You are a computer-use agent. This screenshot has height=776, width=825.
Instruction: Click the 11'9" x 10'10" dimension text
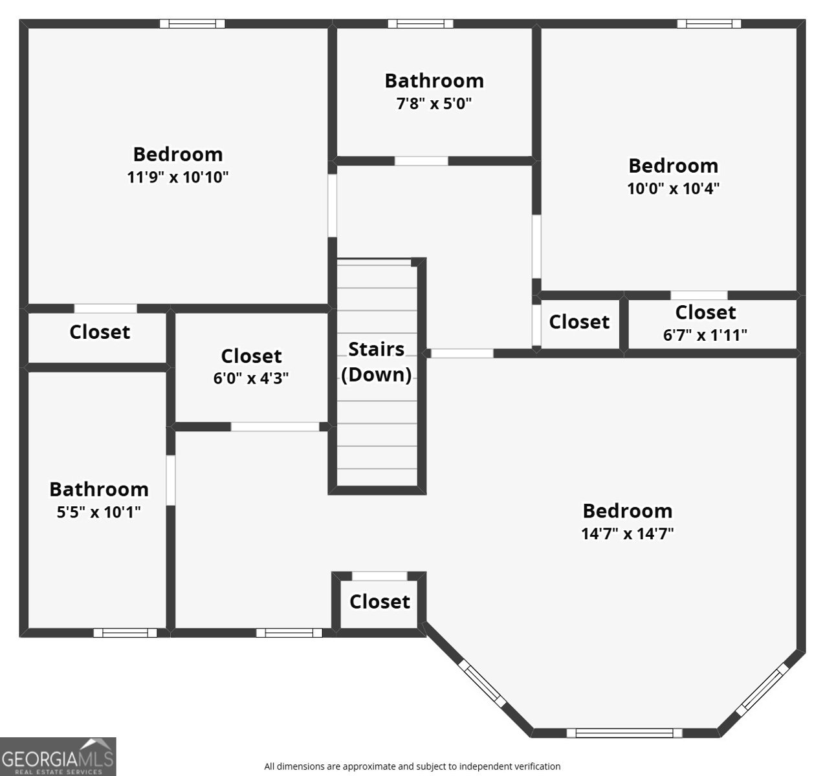[x=178, y=177]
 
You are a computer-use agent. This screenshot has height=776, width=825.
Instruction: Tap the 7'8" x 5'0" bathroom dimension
[x=434, y=103]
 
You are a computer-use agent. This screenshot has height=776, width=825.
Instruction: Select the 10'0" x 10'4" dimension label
[x=673, y=189]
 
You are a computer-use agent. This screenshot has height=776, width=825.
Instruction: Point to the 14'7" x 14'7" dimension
[x=628, y=534]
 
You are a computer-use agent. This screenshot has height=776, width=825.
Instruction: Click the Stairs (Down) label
[x=377, y=362]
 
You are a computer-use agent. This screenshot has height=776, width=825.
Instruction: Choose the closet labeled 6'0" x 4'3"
[x=251, y=367]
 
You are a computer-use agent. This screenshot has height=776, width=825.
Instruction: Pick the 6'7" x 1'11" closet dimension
[x=705, y=336]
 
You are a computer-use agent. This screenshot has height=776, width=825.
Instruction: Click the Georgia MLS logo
[x=58, y=757]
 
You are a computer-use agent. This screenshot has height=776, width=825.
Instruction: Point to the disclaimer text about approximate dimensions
[x=412, y=766]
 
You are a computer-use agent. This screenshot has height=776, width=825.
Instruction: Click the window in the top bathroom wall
[x=421, y=24]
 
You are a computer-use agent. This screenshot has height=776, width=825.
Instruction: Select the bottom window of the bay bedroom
[x=624, y=733]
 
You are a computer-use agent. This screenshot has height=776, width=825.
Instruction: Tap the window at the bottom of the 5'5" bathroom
[x=125, y=632]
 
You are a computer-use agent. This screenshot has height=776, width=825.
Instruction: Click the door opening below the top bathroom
[x=421, y=161]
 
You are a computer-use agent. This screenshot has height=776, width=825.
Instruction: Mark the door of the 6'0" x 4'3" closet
[x=275, y=427]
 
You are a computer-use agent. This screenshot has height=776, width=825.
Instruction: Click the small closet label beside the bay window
[x=380, y=602]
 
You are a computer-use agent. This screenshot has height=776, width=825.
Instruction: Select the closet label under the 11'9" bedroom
[x=100, y=332]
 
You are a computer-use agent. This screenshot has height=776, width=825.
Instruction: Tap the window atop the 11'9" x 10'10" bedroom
[x=192, y=24]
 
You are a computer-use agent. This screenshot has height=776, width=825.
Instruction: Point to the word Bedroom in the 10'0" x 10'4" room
[x=673, y=166]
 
